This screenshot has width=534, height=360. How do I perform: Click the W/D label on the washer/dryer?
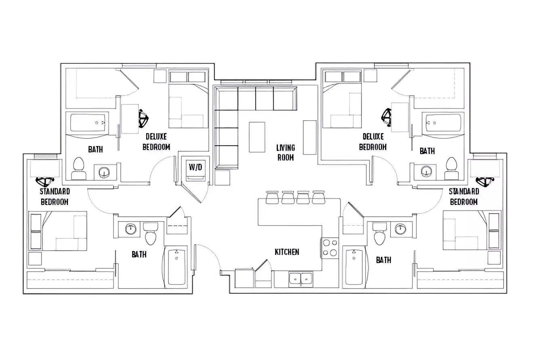click(x=195, y=167)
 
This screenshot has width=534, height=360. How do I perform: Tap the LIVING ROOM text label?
click(x=286, y=153)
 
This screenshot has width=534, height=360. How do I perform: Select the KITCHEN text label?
click(x=287, y=252)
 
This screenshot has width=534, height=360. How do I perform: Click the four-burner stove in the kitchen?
click(x=330, y=248)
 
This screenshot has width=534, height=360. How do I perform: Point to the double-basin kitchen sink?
click(x=301, y=278)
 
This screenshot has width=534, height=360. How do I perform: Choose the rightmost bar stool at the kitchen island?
click(x=319, y=197)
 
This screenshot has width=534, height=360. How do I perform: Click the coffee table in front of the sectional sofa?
click(x=257, y=137)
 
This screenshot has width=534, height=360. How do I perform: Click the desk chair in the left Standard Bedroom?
click(x=45, y=181)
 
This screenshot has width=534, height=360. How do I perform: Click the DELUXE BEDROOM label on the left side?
click(x=156, y=142)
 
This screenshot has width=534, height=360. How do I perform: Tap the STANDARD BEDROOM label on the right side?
click(x=464, y=196)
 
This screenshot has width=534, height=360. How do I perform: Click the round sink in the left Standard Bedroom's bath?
click(x=131, y=229)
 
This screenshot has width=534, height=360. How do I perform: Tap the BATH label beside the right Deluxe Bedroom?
click(x=427, y=151)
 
